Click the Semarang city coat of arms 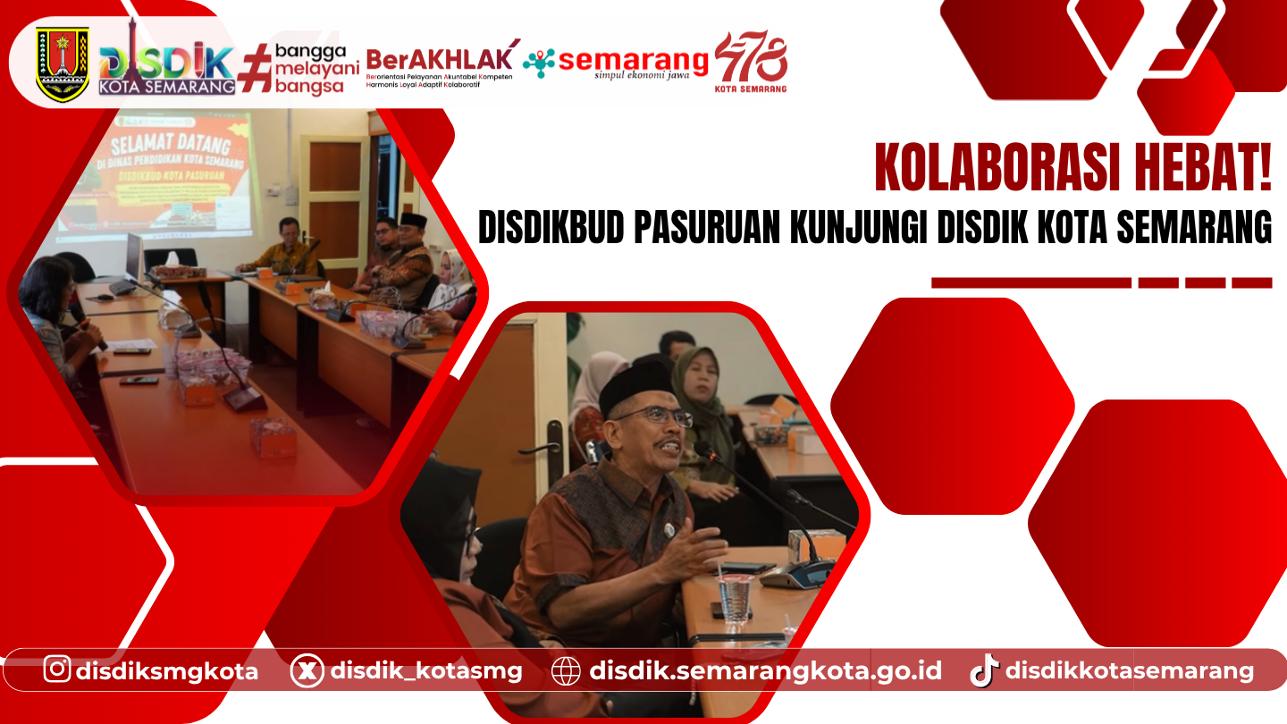(x=63, y=63)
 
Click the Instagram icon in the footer (x=57, y=669)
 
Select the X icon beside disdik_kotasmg (x=307, y=670)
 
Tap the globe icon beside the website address (x=566, y=670)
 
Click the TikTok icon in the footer (x=983, y=669)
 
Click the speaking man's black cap (x=636, y=385)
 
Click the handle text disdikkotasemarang (x=1130, y=670)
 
